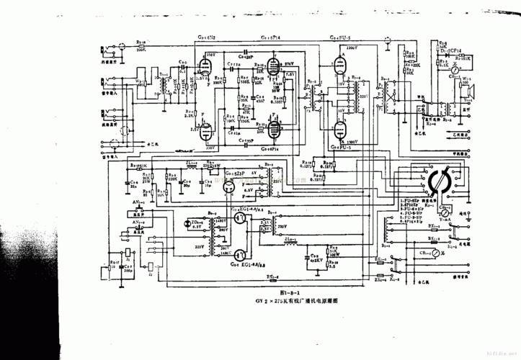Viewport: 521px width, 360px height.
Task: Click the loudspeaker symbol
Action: tap(474, 91)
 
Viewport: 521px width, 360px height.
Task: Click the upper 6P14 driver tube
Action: tap(273, 70)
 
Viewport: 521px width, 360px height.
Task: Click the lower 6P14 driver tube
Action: tap(273, 127)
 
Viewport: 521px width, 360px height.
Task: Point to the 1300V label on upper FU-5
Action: tap(354, 48)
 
